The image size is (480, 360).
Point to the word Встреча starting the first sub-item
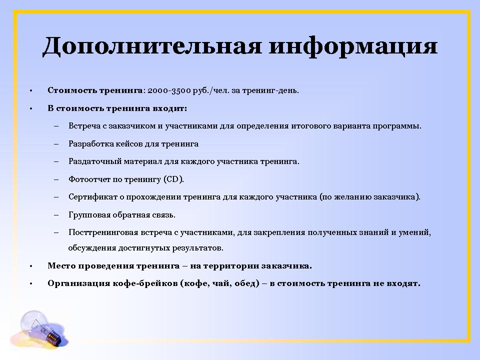pyautogui.click(x=83, y=126)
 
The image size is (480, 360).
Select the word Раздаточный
pyautogui.click(x=92, y=161)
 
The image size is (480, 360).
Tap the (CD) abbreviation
pyautogui.click(x=174, y=179)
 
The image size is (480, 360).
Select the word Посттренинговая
pyautogui.click(x=100, y=232)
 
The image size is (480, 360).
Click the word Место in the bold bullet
pyautogui.click(x=60, y=265)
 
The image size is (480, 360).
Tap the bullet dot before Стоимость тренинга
pyautogui.click(x=30, y=91)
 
